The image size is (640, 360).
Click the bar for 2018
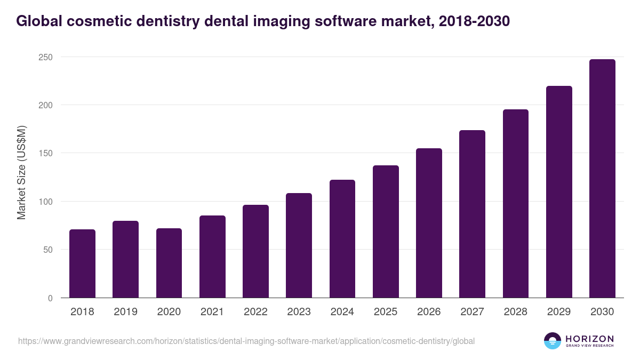(82, 263)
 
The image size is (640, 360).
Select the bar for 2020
(169, 263)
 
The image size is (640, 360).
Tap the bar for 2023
(299, 245)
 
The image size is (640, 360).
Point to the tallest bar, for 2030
(602, 179)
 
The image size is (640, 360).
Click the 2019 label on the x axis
(126, 312)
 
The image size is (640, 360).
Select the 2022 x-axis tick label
(255, 312)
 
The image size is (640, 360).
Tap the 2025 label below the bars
(386, 312)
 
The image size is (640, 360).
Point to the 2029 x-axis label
(559, 312)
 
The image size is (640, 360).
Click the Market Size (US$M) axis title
(22, 173)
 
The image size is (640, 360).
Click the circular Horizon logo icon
(552, 341)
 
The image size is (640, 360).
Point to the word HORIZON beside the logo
(589, 338)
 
